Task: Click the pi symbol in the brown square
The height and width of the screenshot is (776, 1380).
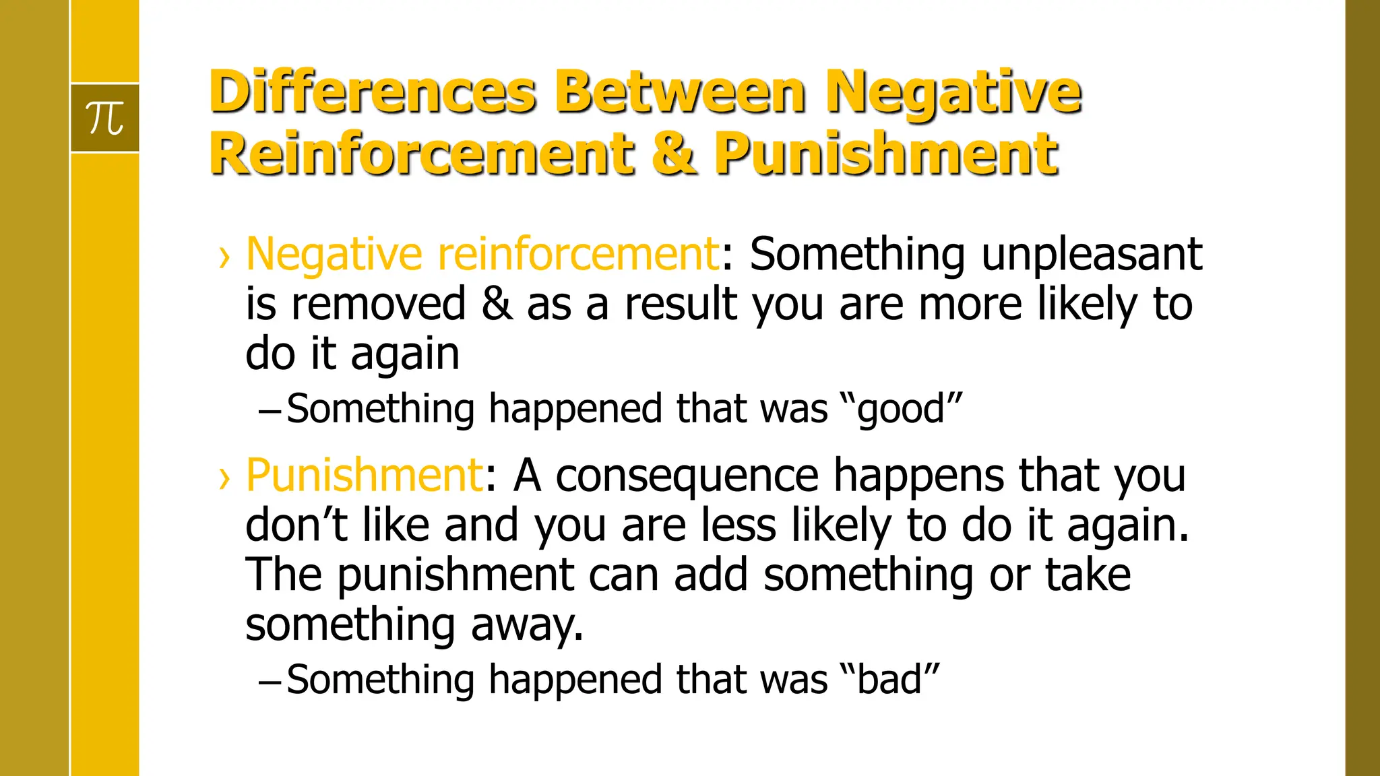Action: pos(105,118)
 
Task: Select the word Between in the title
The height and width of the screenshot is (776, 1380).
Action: pos(681,92)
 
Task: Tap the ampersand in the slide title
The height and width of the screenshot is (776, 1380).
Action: pos(675,153)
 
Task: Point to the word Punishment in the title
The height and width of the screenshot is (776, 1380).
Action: pos(886,153)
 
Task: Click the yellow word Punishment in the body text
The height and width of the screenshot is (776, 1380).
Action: pos(364,475)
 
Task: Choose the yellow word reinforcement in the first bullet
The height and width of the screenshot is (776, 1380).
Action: pos(579,254)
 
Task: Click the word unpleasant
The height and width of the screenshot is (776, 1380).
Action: pos(1092,254)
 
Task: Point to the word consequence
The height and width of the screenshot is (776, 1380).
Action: pos(687,475)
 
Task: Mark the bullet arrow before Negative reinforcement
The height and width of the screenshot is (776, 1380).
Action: pos(224,257)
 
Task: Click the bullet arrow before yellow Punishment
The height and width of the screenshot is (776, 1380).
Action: pos(224,478)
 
